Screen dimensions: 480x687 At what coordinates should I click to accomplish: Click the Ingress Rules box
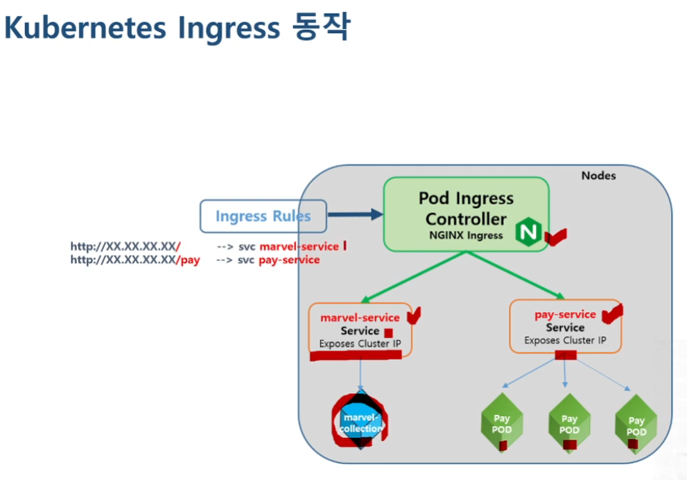263,216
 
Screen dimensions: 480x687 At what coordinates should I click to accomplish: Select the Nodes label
598,175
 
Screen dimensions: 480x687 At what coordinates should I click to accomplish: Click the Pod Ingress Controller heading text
466,209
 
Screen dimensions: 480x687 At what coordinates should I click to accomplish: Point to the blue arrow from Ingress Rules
354,215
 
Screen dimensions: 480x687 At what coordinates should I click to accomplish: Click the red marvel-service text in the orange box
360,318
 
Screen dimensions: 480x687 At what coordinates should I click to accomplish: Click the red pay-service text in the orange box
565,314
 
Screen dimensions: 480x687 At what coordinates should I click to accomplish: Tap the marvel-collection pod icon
360,422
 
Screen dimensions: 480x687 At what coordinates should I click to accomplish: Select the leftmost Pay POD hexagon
501,423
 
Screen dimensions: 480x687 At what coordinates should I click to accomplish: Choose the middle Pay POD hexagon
569,423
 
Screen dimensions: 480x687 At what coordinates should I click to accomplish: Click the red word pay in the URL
190,260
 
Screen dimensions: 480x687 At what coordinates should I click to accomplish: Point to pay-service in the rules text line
289,260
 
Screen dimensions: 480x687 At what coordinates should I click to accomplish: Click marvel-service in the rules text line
299,246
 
